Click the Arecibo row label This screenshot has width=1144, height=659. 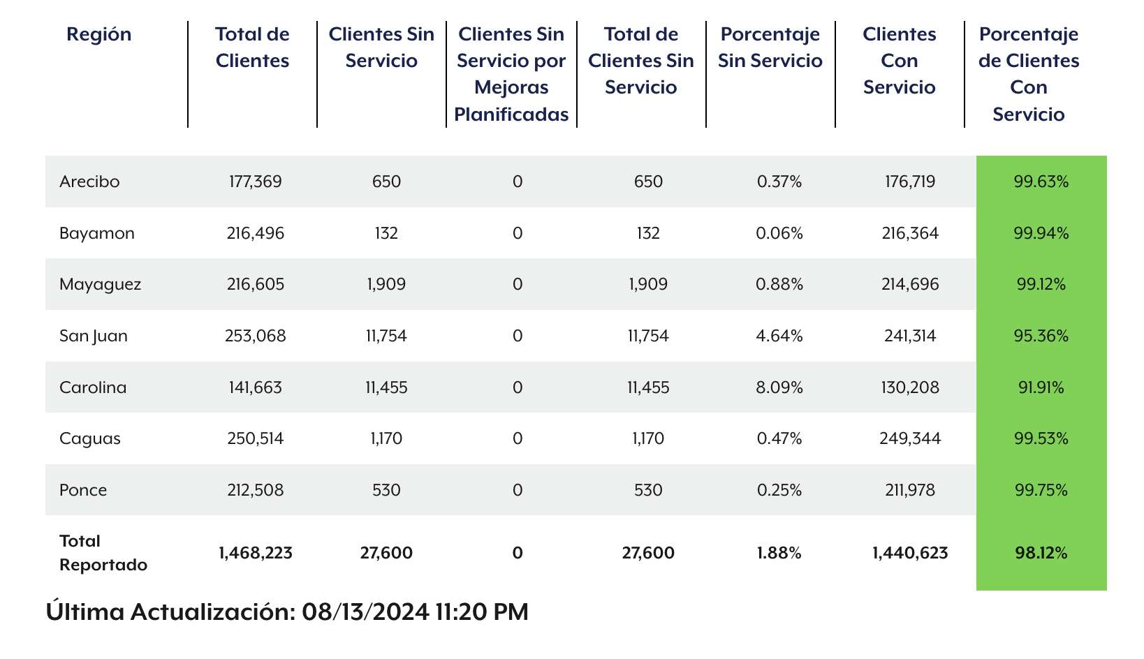tap(89, 182)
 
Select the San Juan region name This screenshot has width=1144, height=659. tap(94, 336)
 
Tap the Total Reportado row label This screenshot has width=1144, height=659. tap(103, 553)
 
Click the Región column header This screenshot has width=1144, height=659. tap(99, 34)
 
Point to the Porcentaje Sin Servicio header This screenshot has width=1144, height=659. tap(770, 47)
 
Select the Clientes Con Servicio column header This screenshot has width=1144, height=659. tap(899, 61)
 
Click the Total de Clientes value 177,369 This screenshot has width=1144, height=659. tap(256, 182)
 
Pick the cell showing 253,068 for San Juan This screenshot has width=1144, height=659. tap(256, 336)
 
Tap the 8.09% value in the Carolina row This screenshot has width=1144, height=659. tap(779, 387)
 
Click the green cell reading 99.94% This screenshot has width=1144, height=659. tap(1041, 233)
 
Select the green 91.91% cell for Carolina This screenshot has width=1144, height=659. tap(1041, 387)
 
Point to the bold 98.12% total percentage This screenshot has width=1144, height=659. tap(1041, 554)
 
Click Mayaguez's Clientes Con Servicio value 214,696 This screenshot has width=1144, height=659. tap(910, 284)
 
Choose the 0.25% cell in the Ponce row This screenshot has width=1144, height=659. tap(779, 490)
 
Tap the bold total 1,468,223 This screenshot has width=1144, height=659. tap(256, 554)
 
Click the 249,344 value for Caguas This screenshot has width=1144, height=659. tap(910, 438)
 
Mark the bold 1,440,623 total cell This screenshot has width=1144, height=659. tap(910, 554)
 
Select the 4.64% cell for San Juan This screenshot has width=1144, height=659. tap(779, 336)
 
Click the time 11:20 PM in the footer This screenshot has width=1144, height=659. tap(482, 612)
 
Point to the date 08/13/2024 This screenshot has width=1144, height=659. tap(365, 612)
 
